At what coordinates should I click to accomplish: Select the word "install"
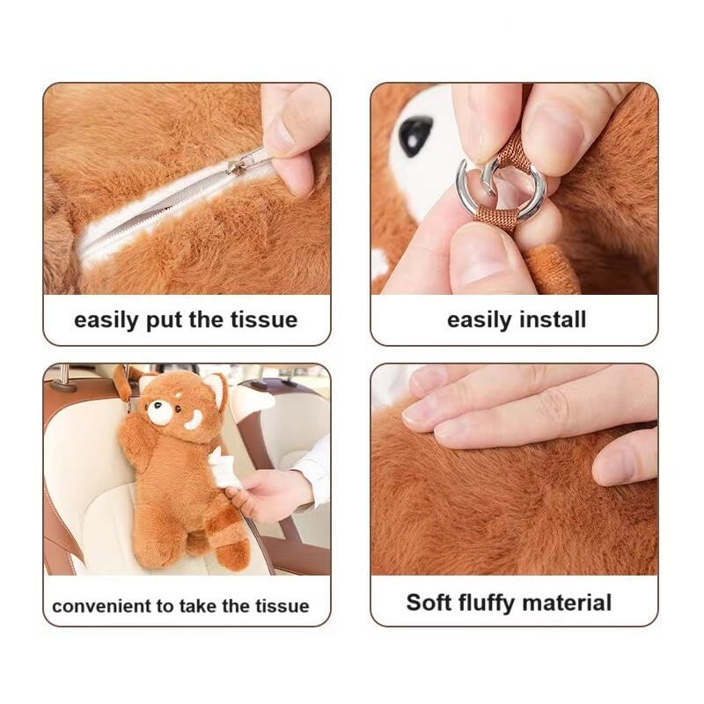coord(553,319)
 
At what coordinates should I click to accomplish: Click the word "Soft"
coord(429,602)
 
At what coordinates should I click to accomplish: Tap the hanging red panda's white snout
coord(158,411)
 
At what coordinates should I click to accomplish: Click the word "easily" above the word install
coord(480,320)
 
